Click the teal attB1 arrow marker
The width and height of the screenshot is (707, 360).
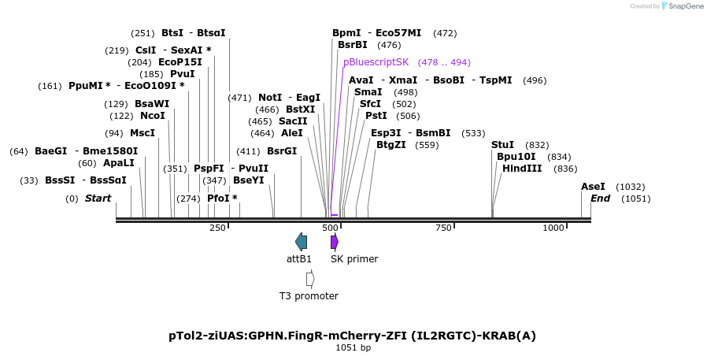tap(301, 242)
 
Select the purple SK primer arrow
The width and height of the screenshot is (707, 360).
tap(335, 242)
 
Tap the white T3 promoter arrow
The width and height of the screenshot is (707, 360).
tap(310, 279)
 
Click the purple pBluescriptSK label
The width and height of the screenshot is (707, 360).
tap(376, 62)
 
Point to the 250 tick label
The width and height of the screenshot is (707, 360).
tap(217, 228)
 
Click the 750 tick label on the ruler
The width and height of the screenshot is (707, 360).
tap(443, 228)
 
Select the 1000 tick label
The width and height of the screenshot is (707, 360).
tap(553, 228)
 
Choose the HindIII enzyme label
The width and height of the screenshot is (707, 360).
tap(522, 168)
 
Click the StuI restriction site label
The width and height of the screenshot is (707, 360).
tap(502, 145)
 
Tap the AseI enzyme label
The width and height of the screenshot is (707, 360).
tap(593, 187)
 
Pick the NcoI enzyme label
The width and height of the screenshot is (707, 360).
tap(153, 116)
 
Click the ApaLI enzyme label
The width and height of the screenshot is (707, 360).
tap(119, 163)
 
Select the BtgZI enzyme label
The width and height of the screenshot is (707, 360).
tap(391, 145)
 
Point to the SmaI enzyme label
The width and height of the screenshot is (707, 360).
tap(368, 92)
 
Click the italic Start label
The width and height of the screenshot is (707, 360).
tap(98, 199)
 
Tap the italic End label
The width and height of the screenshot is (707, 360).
tap(600, 199)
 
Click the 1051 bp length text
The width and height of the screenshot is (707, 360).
tap(353, 347)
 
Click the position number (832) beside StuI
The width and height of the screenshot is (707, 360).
tap(537, 145)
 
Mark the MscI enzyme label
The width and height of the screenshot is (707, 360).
tap(143, 133)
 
